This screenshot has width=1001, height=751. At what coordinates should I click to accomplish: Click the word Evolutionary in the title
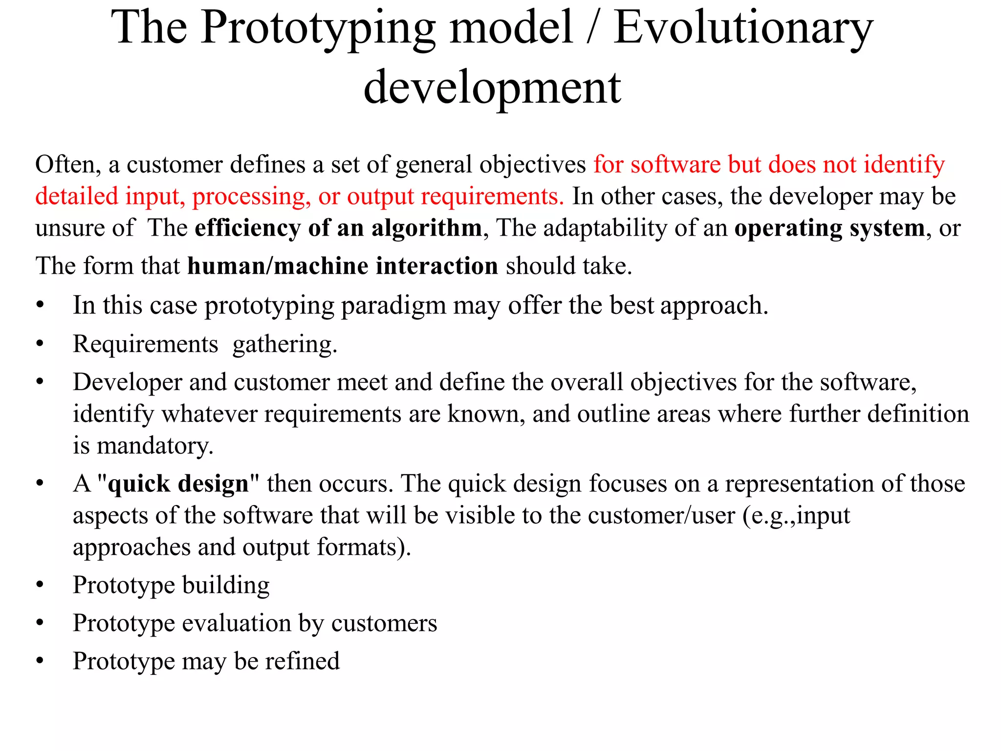click(x=743, y=28)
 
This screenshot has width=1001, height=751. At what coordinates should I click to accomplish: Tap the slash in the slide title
click(x=592, y=28)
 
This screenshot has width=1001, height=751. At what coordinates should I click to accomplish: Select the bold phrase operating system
click(x=829, y=228)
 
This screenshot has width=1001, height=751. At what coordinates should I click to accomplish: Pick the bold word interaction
click(x=436, y=266)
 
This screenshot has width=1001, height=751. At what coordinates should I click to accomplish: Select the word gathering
click(x=284, y=345)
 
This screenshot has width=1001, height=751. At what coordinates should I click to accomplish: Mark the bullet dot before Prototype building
click(x=40, y=585)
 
